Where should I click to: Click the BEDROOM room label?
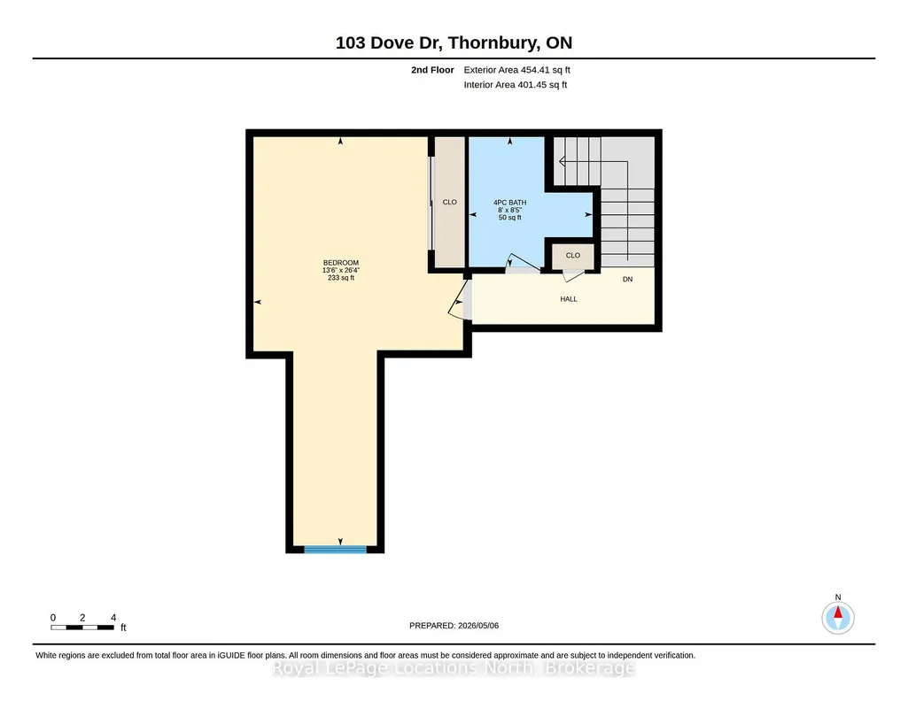pos(340,263)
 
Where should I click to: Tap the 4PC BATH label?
pos(509,203)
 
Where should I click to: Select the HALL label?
pos(569,299)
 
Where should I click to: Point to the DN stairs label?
pos(628,280)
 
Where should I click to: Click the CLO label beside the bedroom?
pos(449,202)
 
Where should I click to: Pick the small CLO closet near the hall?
pos(573,256)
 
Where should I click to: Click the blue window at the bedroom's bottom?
pos(335,549)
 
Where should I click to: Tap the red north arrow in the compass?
pos(838,612)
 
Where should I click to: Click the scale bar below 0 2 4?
pos(82,628)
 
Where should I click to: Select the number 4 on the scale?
pos(113,618)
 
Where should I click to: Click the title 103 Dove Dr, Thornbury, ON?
pos(454,42)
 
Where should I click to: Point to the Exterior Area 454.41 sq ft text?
pos(517,70)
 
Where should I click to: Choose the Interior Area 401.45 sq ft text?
pos(516,84)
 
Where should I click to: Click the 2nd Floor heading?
pos(432,70)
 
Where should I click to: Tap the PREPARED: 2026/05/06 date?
pos(454,625)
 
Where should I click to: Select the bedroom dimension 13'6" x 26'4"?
pos(341,270)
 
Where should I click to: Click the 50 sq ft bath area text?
pos(509,218)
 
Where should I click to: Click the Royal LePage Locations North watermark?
pos(454,668)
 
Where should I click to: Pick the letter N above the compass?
pos(838,597)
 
